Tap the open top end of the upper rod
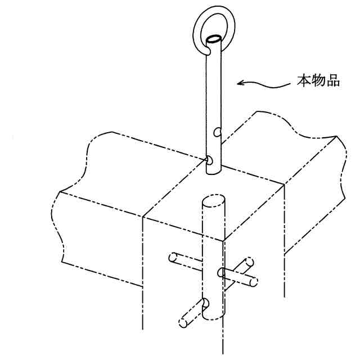pyautogui.click(x=213, y=40)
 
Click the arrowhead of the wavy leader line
pyautogui.click(x=240, y=83)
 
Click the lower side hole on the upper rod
pyautogui.click(x=209, y=160)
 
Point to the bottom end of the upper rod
pyautogui.click(x=214, y=172)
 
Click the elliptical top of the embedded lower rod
pyautogui.click(x=214, y=201)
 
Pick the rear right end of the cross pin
pyautogui.click(x=247, y=262)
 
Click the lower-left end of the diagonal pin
pyautogui.click(x=184, y=323)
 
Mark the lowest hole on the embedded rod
pyautogui.click(x=206, y=304)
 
